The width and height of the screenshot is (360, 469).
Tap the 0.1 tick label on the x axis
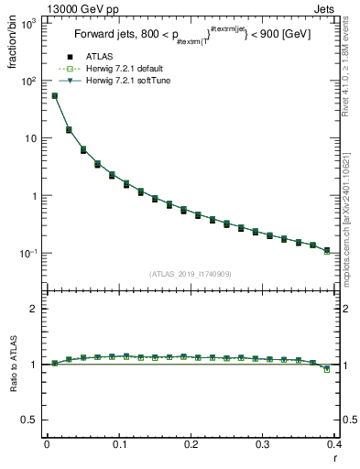(119, 445)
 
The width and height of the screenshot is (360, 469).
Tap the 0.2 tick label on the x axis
(191, 445)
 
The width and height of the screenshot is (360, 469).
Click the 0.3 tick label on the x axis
(263, 445)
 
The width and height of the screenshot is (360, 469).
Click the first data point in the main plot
(54, 95)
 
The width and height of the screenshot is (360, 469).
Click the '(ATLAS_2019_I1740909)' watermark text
(191, 275)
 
